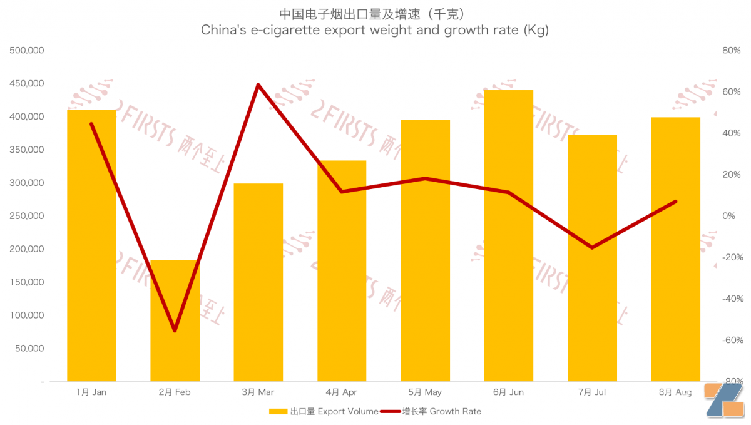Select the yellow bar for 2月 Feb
click(x=175, y=338)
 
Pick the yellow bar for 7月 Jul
click(x=592, y=300)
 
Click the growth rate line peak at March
click(x=258, y=84)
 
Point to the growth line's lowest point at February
click(x=175, y=330)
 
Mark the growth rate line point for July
click(x=592, y=247)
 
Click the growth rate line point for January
click(x=91, y=124)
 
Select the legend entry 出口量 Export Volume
click(x=324, y=411)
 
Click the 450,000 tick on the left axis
click(x=27, y=83)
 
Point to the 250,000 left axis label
click(x=27, y=216)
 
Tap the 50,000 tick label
click(x=29, y=348)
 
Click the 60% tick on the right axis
click(x=731, y=92)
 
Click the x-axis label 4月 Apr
click(x=341, y=392)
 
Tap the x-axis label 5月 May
click(x=425, y=392)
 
